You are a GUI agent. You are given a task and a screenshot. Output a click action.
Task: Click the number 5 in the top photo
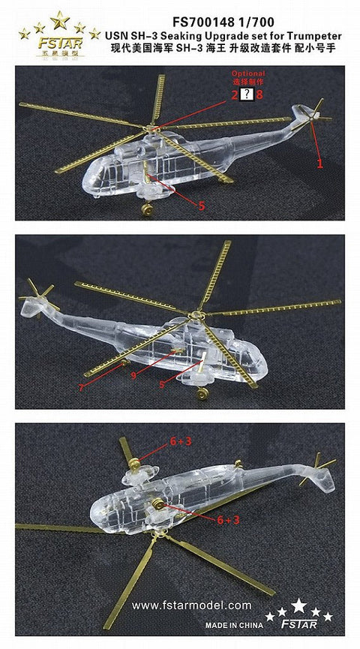pyautogui.click(x=201, y=203)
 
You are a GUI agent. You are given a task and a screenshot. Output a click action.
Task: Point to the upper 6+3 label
pyautogui.click(x=180, y=442)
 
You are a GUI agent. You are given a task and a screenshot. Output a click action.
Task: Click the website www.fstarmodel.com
pyautogui.click(x=191, y=605)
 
